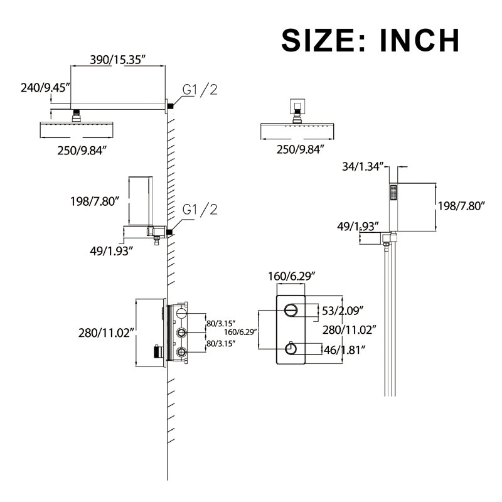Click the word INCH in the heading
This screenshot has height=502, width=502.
419,40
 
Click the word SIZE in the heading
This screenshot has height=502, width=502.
323,40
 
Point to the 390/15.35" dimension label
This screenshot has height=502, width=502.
117,60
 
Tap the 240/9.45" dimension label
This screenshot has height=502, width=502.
45,87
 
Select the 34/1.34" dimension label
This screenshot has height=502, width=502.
363,166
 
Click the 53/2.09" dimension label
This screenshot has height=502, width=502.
343,311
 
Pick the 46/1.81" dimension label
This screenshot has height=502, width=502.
344,350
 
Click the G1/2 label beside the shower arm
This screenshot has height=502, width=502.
200,89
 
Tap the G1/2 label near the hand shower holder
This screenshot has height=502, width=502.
200,210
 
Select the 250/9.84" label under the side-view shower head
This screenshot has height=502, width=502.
82,150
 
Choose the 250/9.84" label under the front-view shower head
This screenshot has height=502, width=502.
301,149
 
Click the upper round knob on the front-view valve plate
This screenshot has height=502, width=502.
291,310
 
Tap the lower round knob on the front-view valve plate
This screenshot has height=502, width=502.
291,349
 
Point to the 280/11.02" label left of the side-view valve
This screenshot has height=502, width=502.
105,333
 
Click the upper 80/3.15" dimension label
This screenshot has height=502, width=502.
222,323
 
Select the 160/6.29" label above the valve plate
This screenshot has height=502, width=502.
292,276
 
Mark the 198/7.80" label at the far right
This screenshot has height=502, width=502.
461,206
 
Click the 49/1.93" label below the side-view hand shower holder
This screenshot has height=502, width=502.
111,251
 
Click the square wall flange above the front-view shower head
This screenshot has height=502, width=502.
297,105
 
